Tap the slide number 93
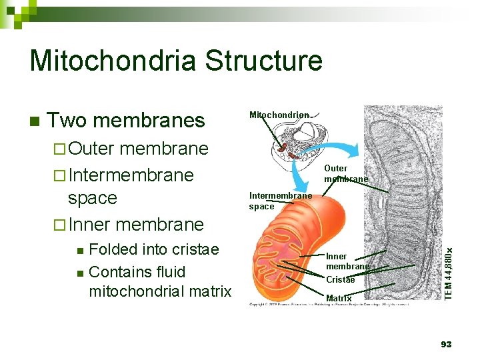point(446,344)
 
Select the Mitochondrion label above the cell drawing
point(279,115)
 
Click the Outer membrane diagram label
point(346,174)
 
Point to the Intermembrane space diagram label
point(280,201)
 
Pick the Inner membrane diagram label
point(347,261)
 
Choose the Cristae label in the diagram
point(340,280)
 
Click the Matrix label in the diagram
point(339,298)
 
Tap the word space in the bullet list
point(93,198)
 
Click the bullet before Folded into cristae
point(80,251)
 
